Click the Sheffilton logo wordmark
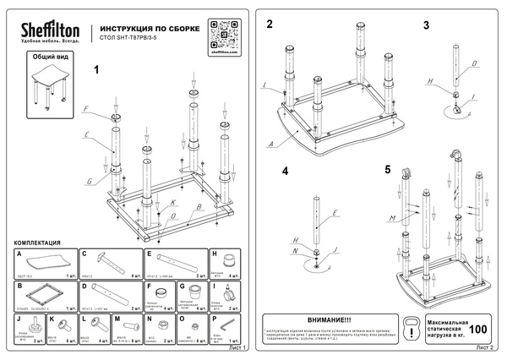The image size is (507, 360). click(49, 31)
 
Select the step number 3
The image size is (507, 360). click(427, 25)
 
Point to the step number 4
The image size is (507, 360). click(285, 171)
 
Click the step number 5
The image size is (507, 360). click(388, 170)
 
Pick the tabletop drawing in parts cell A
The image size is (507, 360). click(44, 262)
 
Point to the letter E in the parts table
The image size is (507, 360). click(149, 253)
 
